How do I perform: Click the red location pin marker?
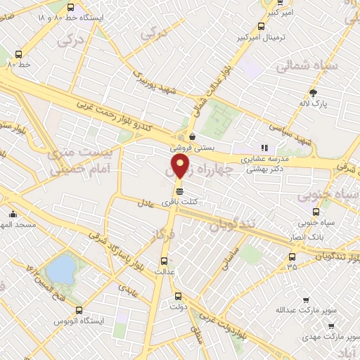[x=181, y=167]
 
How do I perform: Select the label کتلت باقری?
[x=179, y=202]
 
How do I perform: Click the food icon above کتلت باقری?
[x=179, y=191]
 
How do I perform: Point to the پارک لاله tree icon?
[x=313, y=93]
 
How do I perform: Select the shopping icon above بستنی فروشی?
[x=192, y=137]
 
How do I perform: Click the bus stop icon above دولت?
[x=177, y=296]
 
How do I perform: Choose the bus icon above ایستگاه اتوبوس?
[x=78, y=309]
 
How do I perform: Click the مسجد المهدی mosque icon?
[x=13, y=214]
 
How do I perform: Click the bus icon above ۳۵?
[x=292, y=255]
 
